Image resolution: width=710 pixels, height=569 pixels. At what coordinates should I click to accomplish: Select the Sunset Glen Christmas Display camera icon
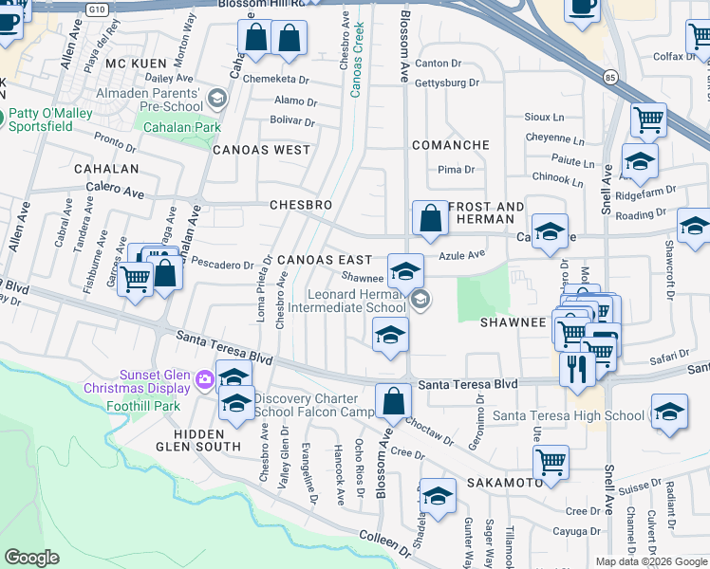click(204, 380)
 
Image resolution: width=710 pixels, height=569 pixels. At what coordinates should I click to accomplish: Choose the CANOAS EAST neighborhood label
click(324, 260)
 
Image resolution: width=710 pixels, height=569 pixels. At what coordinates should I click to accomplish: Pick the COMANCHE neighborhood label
click(450, 145)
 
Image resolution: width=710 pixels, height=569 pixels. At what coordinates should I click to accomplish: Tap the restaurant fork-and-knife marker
click(577, 367)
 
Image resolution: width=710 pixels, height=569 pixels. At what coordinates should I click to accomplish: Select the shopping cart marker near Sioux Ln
click(648, 120)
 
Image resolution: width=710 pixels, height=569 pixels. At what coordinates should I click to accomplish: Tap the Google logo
click(32, 558)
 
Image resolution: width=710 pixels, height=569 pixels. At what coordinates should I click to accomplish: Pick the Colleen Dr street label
click(384, 541)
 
